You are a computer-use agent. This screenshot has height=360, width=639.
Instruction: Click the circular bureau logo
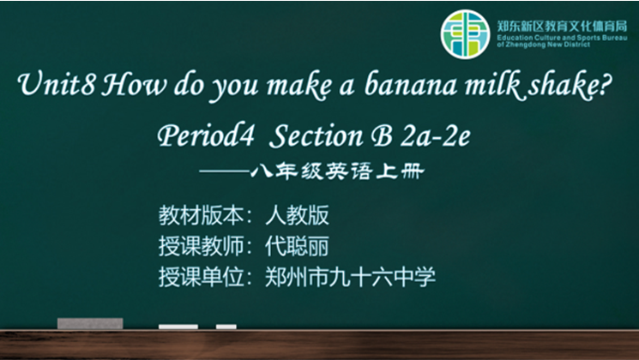tap(465, 34)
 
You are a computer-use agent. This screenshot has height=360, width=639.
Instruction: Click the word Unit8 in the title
tap(57, 84)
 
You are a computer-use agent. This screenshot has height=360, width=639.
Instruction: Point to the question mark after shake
tap(606, 83)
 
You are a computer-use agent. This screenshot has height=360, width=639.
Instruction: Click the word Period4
tap(206, 135)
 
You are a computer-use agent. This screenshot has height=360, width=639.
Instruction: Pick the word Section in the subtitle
tap(316, 135)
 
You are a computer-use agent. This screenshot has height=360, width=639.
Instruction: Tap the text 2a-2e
tap(435, 135)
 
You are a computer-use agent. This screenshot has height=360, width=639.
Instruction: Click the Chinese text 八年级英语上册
tap(338, 171)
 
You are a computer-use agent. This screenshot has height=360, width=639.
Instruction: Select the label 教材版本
tap(202, 215)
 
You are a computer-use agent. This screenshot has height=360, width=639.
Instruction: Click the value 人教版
tap(297, 215)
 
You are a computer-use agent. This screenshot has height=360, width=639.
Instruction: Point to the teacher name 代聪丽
tap(297, 246)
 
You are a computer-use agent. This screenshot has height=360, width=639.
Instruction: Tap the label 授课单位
tap(202, 277)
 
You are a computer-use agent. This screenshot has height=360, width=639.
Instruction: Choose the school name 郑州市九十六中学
tap(351, 277)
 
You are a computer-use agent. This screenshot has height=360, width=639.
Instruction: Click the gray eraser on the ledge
tap(90, 323)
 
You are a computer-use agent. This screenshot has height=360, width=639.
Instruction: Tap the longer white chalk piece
tap(178, 327)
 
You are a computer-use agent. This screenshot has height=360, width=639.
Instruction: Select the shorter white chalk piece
tap(226, 327)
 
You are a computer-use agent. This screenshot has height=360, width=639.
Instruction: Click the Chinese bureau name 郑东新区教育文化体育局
tap(562, 27)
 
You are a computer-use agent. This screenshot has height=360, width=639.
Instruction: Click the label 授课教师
tap(202, 246)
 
